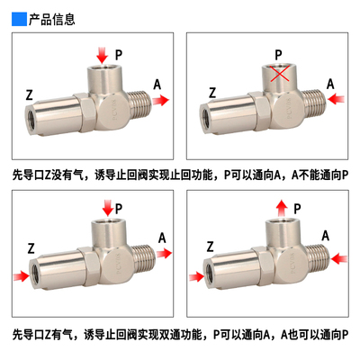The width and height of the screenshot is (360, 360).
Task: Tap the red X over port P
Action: (x=283, y=76)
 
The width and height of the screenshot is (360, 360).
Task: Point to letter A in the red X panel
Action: (x=330, y=84)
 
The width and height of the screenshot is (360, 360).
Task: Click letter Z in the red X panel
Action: (x=212, y=92)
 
